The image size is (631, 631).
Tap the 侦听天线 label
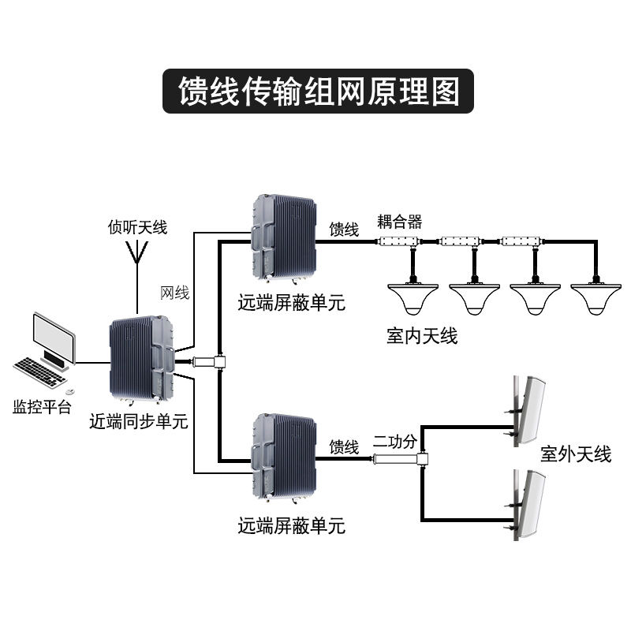tap(138, 227)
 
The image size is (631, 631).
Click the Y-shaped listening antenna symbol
tap(138, 252)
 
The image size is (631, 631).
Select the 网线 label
tap(174, 293)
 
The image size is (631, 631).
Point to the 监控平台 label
tap(42, 407)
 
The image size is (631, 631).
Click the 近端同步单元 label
tap(138, 421)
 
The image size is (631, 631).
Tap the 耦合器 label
tap(400, 222)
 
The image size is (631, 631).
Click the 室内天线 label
tap(422, 336)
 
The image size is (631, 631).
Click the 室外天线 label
tap(576, 454)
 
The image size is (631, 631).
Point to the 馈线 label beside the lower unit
tap(345, 447)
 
